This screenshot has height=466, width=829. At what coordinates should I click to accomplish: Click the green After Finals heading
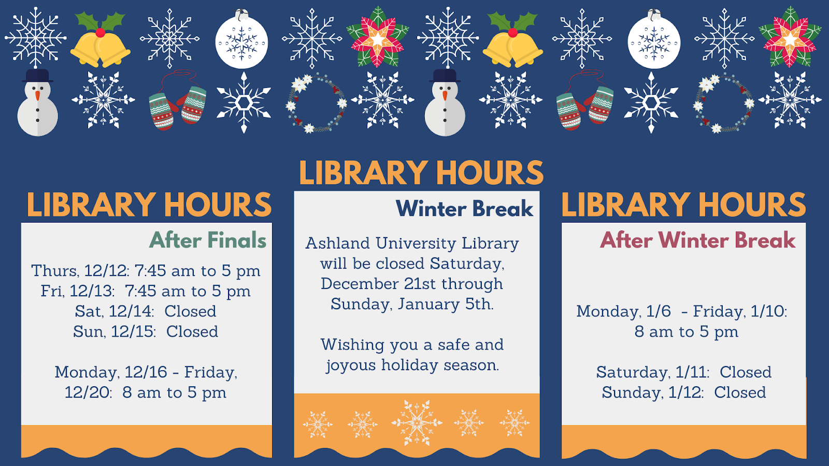208,240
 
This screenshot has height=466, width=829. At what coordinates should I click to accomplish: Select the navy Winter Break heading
464,209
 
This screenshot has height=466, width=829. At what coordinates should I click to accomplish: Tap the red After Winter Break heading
697,240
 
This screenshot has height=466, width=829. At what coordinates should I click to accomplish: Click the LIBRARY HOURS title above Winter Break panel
421,173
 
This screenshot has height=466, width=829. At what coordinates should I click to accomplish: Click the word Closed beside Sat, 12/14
190,311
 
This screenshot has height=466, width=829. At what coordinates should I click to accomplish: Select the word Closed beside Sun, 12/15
192,331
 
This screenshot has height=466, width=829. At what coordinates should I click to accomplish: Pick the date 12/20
88,392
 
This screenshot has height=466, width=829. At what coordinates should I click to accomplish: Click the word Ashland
337,243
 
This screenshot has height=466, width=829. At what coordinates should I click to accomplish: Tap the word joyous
351,366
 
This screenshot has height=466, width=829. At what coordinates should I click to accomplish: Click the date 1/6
659,311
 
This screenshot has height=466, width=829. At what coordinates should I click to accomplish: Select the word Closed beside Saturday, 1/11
745,372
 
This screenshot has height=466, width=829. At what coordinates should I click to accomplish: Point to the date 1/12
685,392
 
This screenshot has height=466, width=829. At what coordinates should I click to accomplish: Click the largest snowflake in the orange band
417,423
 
